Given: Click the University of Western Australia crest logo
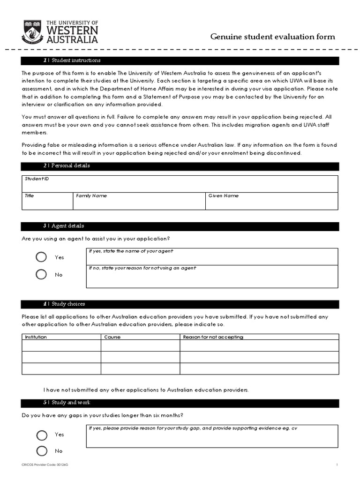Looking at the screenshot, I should coord(32,31).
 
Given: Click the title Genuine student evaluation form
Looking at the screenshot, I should coord(272,37).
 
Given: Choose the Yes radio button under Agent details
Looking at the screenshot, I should coord(41,257).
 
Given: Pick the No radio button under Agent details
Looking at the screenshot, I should coord(41,274).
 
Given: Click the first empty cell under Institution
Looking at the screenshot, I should coord(61,345).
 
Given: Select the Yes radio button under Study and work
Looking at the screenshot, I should coord(42,435).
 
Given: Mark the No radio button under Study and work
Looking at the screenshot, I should coord(42,451).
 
